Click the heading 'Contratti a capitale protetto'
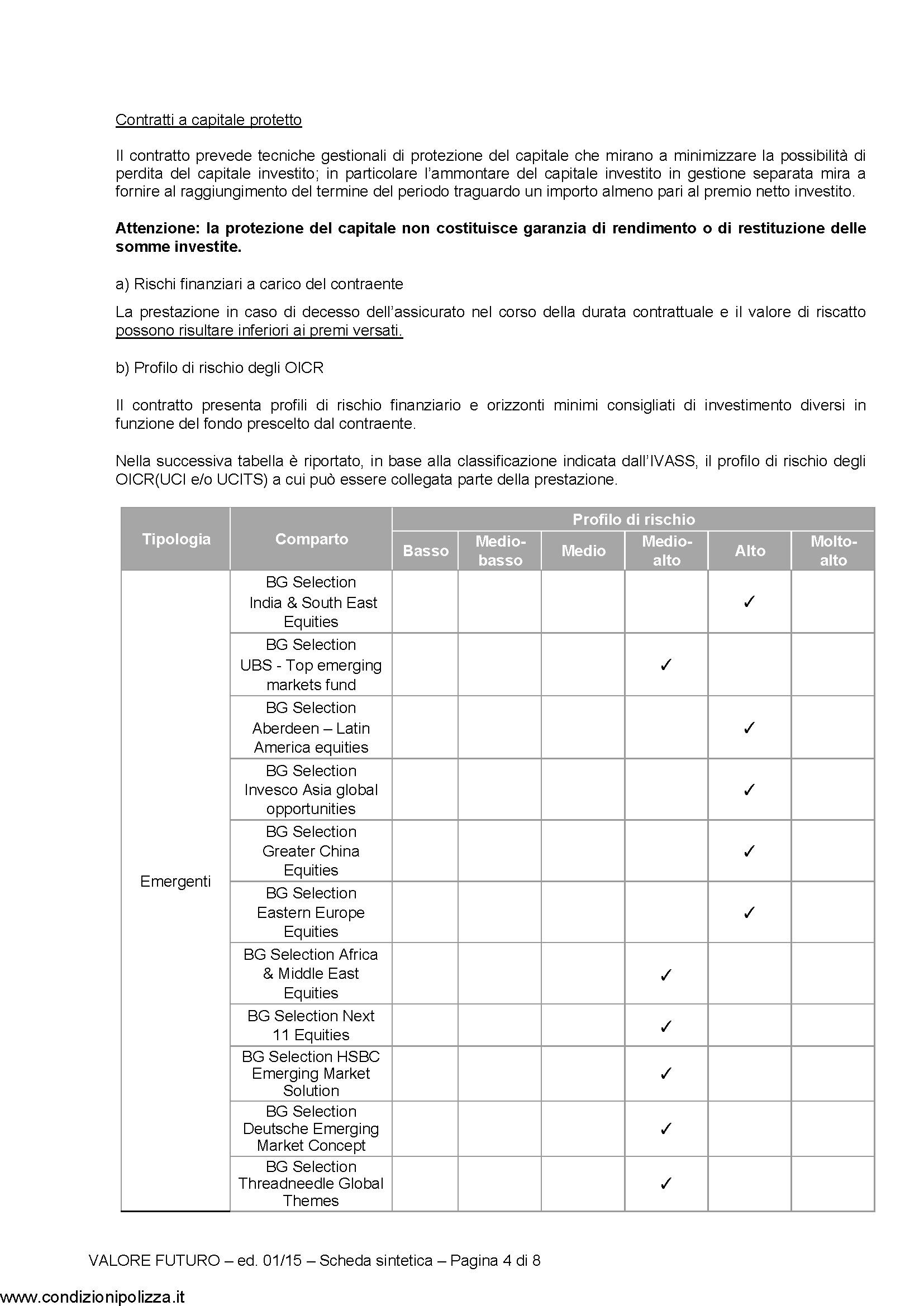pyautogui.click(x=208, y=120)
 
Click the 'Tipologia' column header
pyautogui.click(x=176, y=539)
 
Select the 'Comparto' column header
pyautogui.click(x=311, y=539)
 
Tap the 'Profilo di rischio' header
pyautogui.click(x=634, y=519)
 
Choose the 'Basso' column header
pyautogui.click(x=426, y=551)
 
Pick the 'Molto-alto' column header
pyautogui.click(x=833, y=551)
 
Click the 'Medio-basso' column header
pyautogui.click(x=499, y=551)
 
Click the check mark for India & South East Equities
pyautogui.click(x=749, y=602)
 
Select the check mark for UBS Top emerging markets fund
pyautogui.click(x=666, y=664)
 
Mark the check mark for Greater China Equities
pyautogui.click(x=749, y=851)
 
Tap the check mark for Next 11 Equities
pyautogui.click(x=666, y=1027)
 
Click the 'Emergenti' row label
pyautogui.click(x=175, y=882)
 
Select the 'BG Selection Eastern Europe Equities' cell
pyautogui.click(x=311, y=912)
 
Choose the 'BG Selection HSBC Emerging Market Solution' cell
pyautogui.click(x=311, y=1073)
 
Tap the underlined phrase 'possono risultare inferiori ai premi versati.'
pyautogui.click(x=259, y=331)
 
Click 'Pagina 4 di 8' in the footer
pyautogui.click(x=495, y=1261)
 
